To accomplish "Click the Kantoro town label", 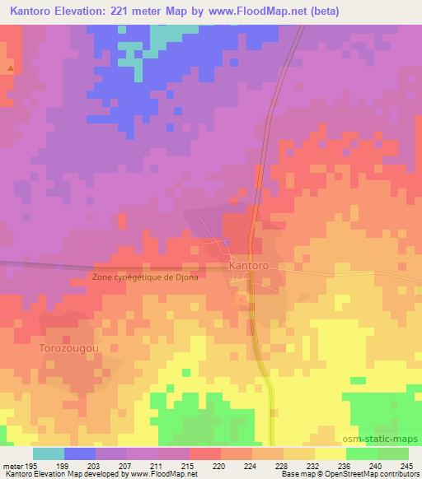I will (x=251, y=267).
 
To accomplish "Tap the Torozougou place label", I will (x=68, y=348).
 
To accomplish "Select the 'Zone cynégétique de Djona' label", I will (x=146, y=277).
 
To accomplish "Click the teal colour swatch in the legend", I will (x=49, y=453).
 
